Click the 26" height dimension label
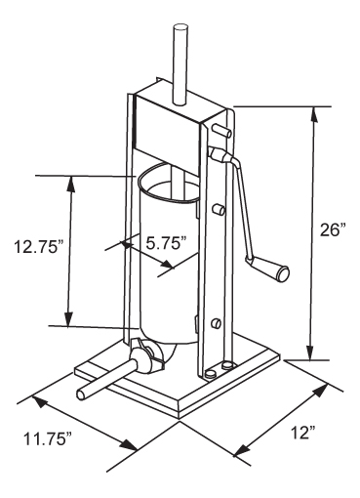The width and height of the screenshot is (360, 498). (332, 230)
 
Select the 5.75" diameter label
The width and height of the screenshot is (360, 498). (167, 243)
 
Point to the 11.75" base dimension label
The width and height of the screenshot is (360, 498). (47, 439)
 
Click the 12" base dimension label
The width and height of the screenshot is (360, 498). (303, 433)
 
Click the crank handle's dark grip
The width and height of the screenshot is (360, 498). (282, 273)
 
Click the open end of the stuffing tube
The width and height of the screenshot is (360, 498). (81, 394)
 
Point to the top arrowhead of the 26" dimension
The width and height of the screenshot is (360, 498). (314, 114)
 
